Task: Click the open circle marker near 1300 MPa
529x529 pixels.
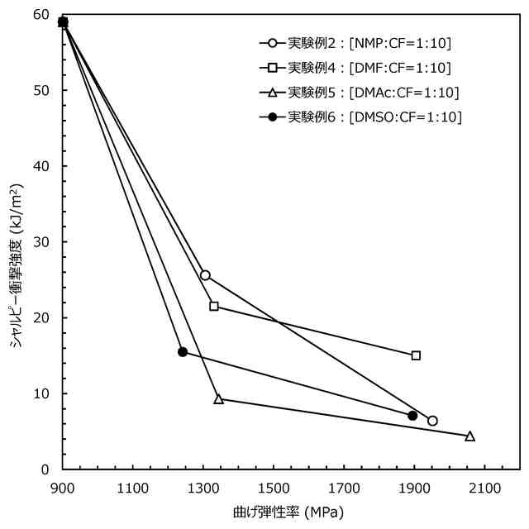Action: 205,275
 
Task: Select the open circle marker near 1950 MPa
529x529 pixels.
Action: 432,421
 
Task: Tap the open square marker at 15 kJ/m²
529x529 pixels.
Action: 416,355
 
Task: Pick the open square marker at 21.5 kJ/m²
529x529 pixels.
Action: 214,307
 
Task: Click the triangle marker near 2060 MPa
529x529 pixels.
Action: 470,436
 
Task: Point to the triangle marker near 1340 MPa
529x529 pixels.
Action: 218,398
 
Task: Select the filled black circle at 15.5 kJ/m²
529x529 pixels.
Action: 183,352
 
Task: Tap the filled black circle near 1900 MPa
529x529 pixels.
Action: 412,416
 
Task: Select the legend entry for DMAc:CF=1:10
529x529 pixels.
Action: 360,92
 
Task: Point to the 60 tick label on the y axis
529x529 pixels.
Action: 42,15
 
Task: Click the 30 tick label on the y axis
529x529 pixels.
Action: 42,242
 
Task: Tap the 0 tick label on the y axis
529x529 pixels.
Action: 46,469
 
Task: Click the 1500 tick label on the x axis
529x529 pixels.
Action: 274,488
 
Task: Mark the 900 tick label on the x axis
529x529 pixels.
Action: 63,488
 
